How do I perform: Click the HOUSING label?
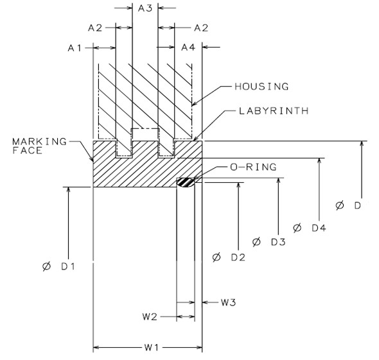pos(262,86)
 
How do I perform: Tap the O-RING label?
pos(253,167)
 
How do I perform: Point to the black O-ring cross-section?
pos(186,183)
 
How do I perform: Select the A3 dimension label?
pos(145,8)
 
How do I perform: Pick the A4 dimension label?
pos(188,47)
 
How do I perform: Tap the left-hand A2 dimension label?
pos(95,28)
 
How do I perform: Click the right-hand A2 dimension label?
pos(201,28)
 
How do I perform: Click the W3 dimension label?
pos(229,302)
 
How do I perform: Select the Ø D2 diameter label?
pos(229,257)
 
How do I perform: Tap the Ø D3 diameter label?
pos(269,242)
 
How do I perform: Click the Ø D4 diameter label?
pos(309,227)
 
